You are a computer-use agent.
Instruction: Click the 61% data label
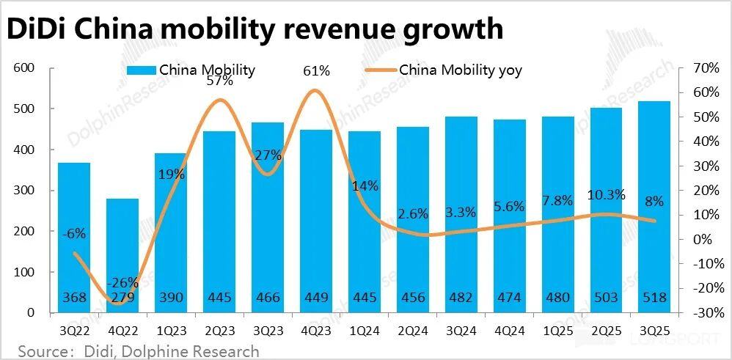tap(317, 71)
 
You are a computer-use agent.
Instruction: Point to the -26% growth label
tap(122, 283)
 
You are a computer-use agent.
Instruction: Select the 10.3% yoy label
tap(606, 194)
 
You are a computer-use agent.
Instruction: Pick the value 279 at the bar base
tap(122, 298)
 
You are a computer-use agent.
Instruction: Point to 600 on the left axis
tap(25, 68)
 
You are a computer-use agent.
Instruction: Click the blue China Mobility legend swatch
tap(140, 70)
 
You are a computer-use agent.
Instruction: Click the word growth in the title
tap(455, 29)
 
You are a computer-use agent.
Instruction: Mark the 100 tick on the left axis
tap(25, 273)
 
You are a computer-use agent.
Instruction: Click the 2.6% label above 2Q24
tap(412, 214)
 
